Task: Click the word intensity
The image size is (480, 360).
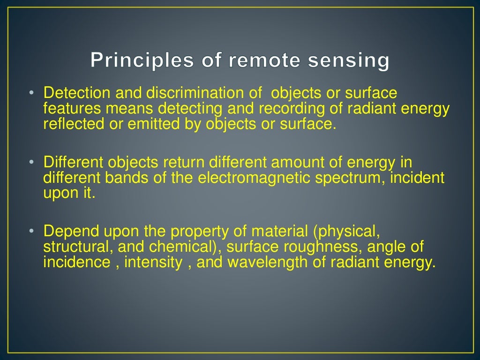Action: [154, 263]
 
